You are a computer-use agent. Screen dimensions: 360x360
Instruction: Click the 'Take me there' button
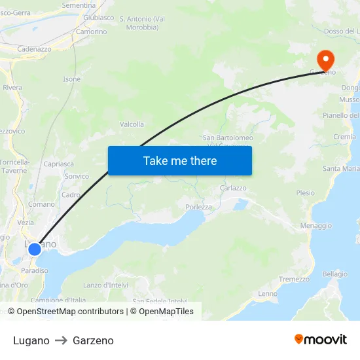179,160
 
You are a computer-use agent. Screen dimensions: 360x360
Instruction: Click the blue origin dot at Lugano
35,249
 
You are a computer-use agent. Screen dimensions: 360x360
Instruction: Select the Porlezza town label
198,207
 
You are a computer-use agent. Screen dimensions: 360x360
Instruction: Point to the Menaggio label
315,225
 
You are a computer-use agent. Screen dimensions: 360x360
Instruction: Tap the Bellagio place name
334,274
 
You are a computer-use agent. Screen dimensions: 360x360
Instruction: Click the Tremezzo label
294,279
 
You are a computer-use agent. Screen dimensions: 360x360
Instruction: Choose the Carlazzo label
233,187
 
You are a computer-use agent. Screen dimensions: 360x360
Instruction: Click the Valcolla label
132,124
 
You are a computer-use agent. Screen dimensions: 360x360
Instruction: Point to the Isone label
71,79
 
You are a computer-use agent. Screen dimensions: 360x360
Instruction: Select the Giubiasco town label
99,18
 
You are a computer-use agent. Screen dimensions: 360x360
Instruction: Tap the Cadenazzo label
34,49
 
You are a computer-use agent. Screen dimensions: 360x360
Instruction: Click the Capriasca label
58,164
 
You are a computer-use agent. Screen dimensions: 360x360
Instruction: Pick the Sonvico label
77,176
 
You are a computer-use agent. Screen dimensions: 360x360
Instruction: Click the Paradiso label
35,270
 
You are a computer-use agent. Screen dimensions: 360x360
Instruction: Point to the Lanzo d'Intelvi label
105,285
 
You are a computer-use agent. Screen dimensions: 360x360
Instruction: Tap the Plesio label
305,193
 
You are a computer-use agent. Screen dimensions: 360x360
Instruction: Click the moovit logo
320,339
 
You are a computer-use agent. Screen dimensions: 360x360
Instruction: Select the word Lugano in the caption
31,340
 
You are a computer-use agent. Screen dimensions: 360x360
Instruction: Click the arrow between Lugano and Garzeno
61,340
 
